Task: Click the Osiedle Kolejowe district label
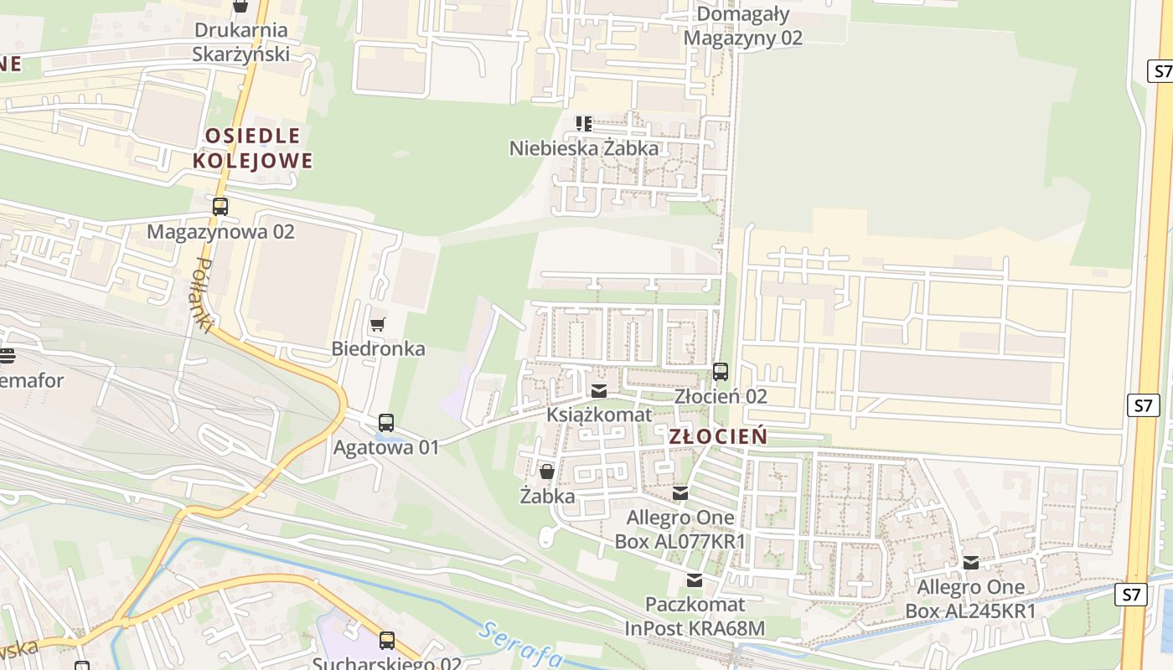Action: (x=253, y=148)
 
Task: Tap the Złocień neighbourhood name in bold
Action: (x=718, y=436)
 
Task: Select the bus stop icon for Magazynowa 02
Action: (x=220, y=206)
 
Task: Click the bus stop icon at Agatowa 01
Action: (x=386, y=423)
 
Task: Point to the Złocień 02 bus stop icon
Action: (x=721, y=371)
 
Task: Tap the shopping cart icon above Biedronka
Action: (x=378, y=324)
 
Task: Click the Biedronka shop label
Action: (x=378, y=348)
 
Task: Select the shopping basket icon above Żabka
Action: (x=547, y=472)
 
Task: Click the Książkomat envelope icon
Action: (x=599, y=391)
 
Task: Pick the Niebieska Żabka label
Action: (x=584, y=148)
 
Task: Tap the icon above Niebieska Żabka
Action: (x=584, y=124)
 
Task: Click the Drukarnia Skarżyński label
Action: (x=240, y=42)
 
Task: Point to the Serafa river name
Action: (x=520, y=644)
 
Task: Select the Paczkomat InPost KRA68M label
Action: (x=695, y=616)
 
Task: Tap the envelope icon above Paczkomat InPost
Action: (x=695, y=580)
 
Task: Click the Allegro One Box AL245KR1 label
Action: (x=970, y=599)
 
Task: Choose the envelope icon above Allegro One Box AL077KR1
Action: (x=680, y=493)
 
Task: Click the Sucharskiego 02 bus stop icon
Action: (x=386, y=641)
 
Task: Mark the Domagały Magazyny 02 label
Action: (x=742, y=26)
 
